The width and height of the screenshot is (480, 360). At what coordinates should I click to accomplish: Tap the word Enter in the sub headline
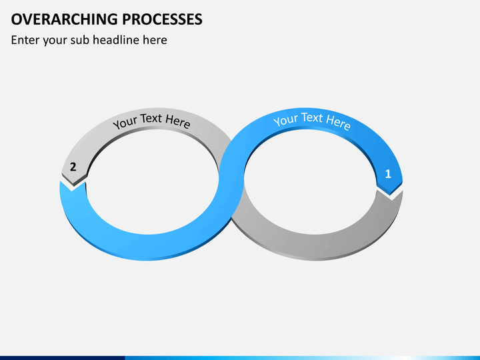coord(25,40)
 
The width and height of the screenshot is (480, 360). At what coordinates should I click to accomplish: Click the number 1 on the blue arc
coord(389,175)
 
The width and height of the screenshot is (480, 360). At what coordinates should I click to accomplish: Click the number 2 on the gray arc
coord(73,167)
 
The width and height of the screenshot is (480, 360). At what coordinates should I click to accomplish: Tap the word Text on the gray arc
coord(151,119)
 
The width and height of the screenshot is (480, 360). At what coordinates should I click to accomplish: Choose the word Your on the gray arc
coord(125,123)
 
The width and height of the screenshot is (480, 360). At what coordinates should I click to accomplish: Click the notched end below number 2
coord(74,187)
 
